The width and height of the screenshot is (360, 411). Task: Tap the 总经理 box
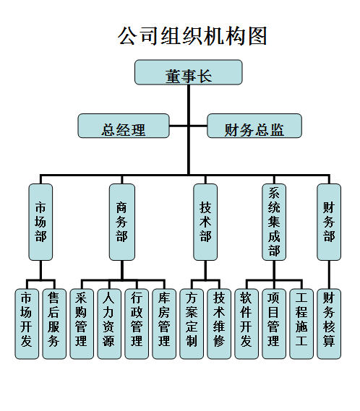point(124,128)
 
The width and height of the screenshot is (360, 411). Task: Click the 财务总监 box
point(254,128)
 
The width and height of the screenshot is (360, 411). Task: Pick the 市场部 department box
point(40,222)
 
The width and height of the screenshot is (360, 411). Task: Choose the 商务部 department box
point(121,222)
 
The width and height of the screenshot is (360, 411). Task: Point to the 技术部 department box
point(205,222)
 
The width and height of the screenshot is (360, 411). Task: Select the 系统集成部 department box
point(273,222)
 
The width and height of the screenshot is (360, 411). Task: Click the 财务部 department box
point(329,222)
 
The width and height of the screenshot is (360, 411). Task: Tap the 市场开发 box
point(27,323)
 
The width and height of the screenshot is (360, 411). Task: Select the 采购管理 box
point(81,323)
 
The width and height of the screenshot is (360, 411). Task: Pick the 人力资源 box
point(108,323)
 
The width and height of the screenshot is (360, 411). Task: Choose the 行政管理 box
point(136,323)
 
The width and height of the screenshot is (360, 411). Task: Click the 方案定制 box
point(192,323)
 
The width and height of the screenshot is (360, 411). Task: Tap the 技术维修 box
point(219,323)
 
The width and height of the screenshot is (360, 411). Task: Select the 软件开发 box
point(247,323)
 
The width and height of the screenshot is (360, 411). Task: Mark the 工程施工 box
point(301,323)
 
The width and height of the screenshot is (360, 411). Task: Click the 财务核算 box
point(329,323)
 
